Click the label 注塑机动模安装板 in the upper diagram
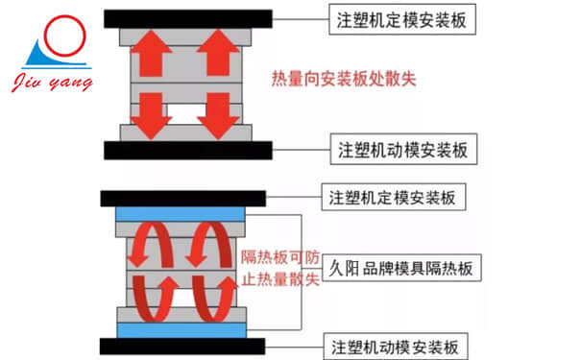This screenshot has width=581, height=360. coord(402,151)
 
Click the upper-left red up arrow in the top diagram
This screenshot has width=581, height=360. coord(151,53)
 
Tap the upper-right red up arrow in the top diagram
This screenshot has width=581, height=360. coord(220,53)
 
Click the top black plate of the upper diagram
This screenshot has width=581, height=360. coord(184,18)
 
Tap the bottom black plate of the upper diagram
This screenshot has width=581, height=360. coord(184,150)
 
